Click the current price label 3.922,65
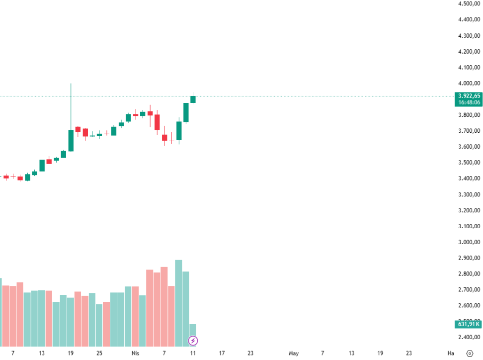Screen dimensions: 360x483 pos(469,96)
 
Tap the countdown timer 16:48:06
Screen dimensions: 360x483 pos(469,102)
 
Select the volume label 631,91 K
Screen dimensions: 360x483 pos(468,325)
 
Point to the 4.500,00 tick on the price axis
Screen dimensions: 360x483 pos(469,4)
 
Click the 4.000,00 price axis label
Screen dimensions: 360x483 pos(469,84)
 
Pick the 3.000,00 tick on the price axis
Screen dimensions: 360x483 pos(469,242)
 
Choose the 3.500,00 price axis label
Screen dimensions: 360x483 pos(469,163)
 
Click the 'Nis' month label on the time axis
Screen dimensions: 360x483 pos(135,354)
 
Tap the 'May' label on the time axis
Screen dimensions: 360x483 pos(294,354)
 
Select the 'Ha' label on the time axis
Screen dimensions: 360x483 pos(451,354)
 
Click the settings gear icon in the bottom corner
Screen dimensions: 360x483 pos(470,354)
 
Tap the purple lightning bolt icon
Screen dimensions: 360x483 pos(193,341)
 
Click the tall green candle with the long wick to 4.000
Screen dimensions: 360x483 pos(71,140)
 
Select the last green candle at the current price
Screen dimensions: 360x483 pos(193,99)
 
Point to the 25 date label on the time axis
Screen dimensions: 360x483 pos(99,354)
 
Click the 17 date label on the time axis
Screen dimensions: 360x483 pos(222,354)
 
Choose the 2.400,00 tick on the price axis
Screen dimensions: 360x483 pos(469,337)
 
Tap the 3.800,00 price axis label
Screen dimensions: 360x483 pos(469,115)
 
